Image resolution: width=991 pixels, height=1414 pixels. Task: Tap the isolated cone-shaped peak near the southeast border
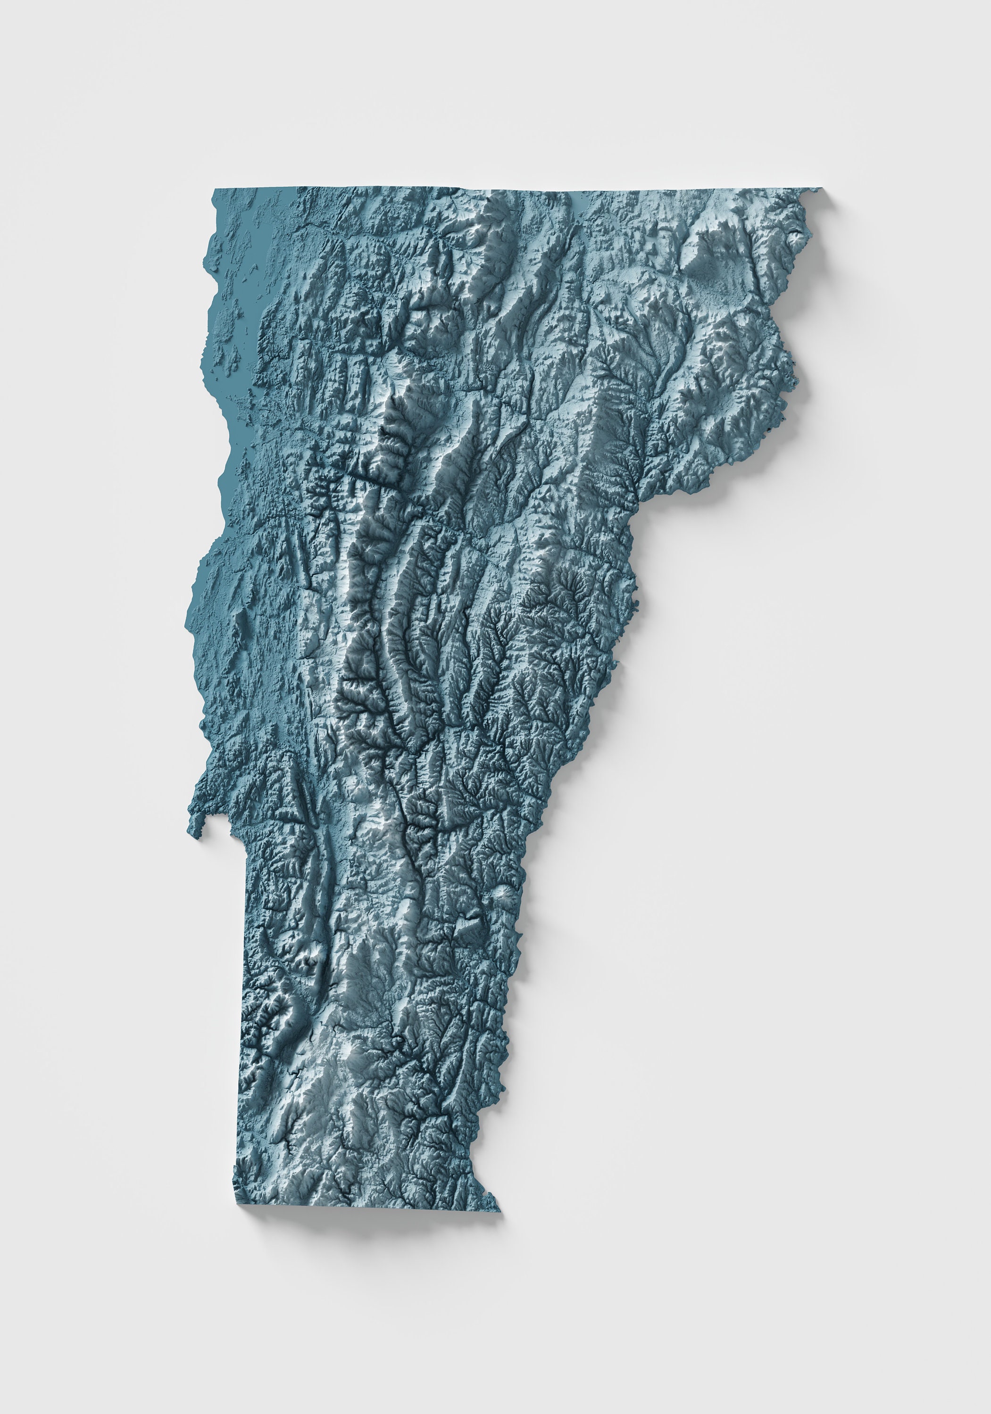[500, 894]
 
